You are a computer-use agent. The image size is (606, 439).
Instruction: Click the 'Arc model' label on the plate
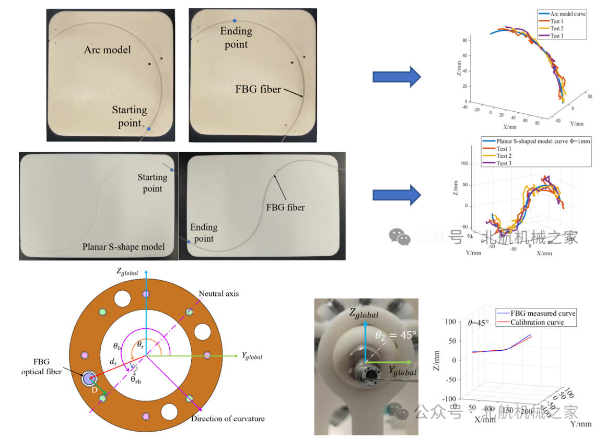pos(108,50)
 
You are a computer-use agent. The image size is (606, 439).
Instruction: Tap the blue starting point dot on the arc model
pos(149,129)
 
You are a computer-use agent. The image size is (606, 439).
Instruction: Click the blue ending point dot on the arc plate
pos(234,20)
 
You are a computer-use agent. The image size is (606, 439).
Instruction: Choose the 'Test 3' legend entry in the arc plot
pos(556,36)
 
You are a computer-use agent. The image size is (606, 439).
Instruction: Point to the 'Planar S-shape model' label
pos(123,246)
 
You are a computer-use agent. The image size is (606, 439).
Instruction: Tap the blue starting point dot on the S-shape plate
pos(172,170)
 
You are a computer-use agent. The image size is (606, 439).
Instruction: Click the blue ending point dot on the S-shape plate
pos(189,242)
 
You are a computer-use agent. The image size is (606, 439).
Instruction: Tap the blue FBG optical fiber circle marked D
pos(88,379)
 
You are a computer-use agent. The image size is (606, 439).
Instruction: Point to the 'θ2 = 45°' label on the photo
pos(395,335)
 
